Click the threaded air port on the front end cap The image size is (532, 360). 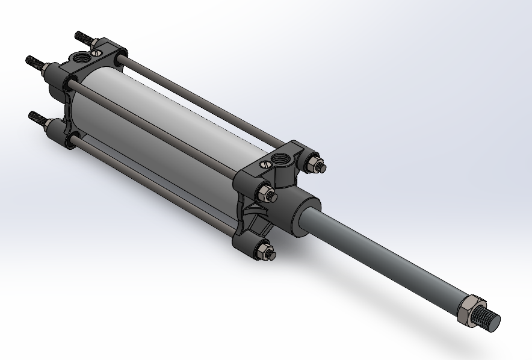(280, 160)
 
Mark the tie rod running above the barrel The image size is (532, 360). (199, 102)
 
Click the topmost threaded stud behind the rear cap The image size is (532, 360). (84, 39)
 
